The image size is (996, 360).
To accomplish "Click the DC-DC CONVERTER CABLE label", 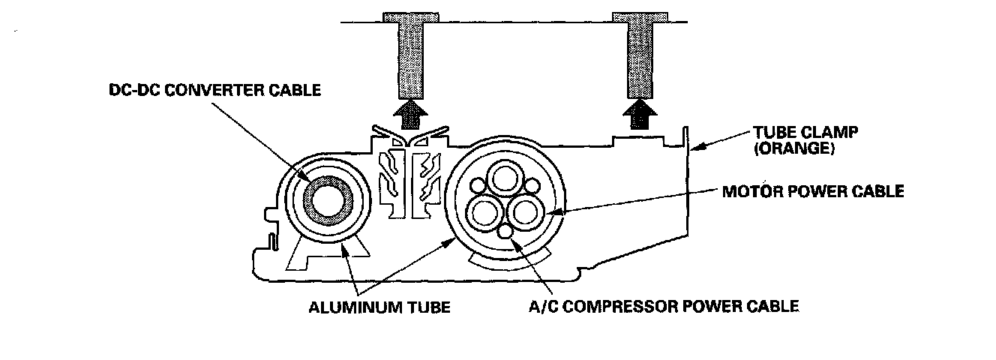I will click(214, 91).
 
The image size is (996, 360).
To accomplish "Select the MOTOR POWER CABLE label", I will click(812, 191).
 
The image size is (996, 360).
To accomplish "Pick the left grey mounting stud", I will click(407, 56).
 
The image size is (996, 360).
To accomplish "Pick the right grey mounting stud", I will click(638, 56).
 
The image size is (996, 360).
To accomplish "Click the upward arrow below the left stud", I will click(407, 116).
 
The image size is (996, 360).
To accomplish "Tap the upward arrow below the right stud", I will click(638, 116).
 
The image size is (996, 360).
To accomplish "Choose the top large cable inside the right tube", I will click(502, 180).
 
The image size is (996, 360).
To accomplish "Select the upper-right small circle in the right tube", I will click(531, 184).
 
